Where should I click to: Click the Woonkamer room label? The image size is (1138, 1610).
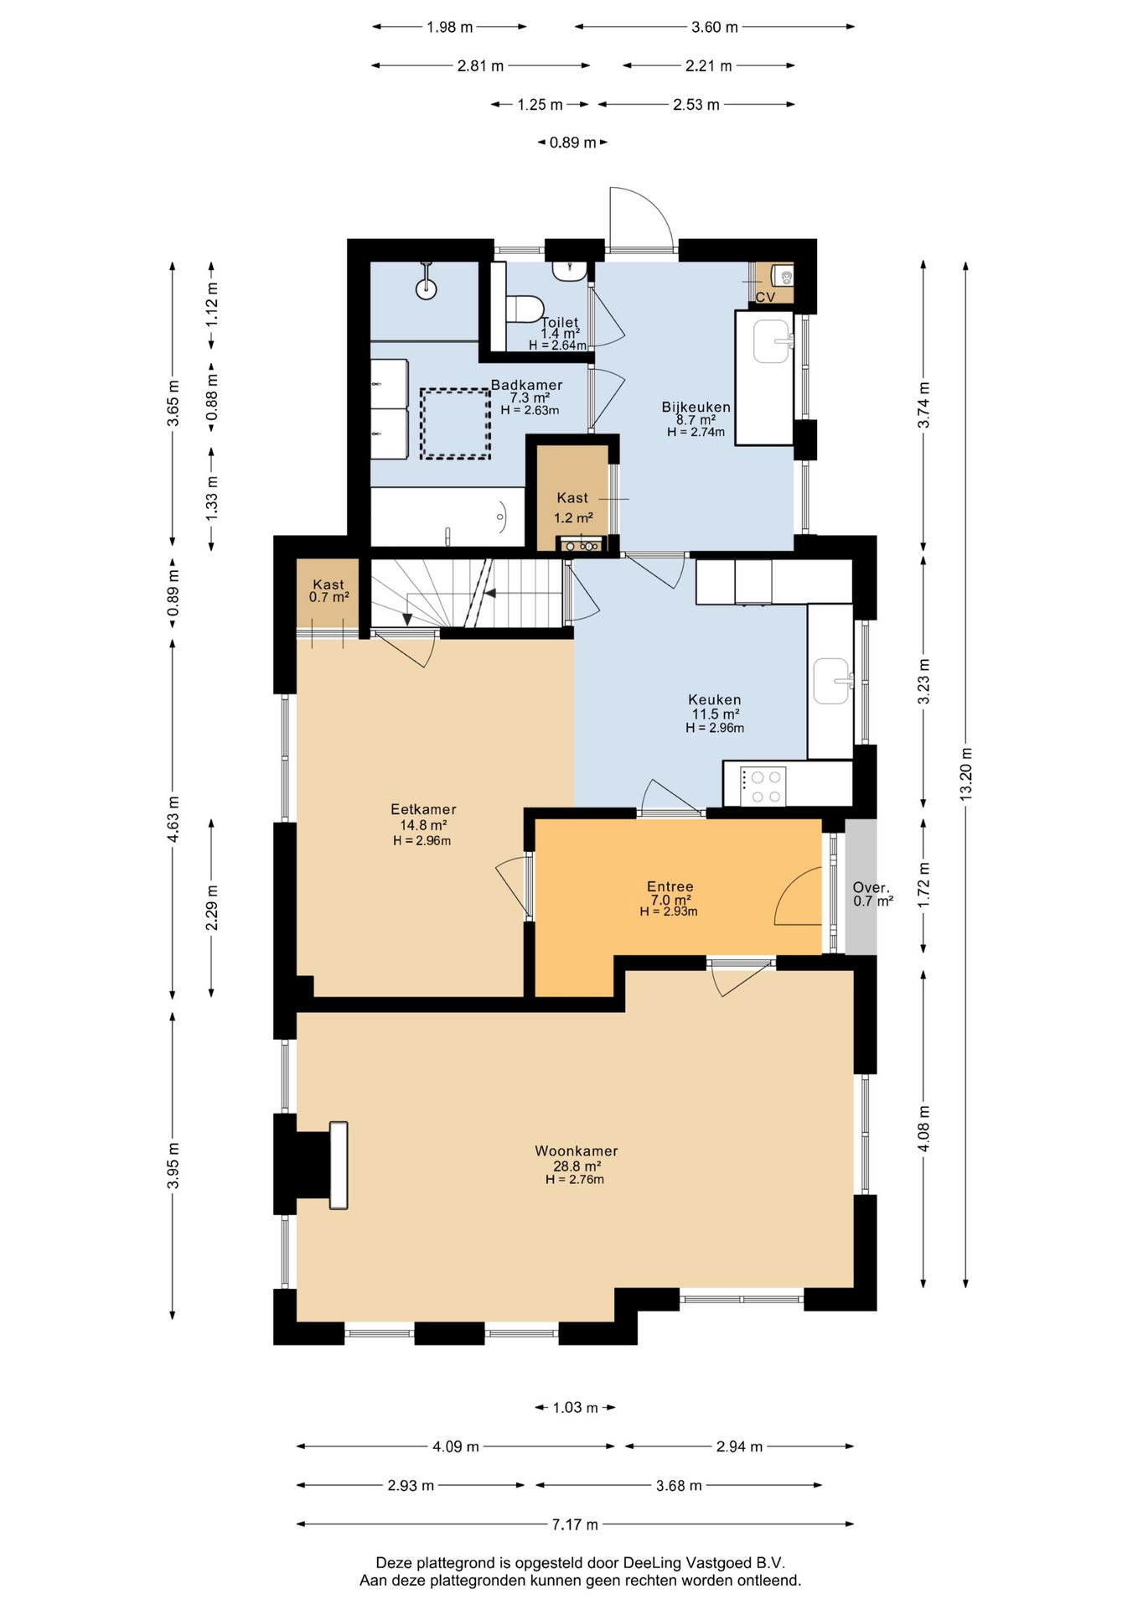(x=577, y=1151)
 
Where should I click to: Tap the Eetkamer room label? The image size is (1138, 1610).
(x=423, y=809)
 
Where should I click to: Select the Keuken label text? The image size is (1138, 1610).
(x=714, y=699)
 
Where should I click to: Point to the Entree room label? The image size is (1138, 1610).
(x=670, y=886)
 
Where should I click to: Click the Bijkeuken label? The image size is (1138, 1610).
(x=696, y=407)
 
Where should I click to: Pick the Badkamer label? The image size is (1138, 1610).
(x=526, y=385)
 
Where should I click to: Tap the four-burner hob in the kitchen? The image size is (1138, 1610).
(x=763, y=787)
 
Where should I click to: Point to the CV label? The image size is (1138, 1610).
(x=765, y=297)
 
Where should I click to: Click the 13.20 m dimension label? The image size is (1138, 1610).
(x=966, y=773)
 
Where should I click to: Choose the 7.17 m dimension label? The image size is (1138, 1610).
(x=575, y=1524)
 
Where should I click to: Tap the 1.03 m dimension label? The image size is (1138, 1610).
(x=575, y=1407)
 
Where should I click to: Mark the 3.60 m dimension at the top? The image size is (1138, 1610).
(x=715, y=27)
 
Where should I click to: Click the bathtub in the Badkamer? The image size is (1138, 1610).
(x=447, y=518)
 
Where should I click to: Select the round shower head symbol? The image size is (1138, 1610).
(x=427, y=288)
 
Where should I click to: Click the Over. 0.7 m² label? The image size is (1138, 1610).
(x=872, y=894)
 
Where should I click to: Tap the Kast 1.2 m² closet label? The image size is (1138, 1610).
(x=573, y=507)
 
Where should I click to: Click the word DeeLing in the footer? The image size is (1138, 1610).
(x=651, y=1562)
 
